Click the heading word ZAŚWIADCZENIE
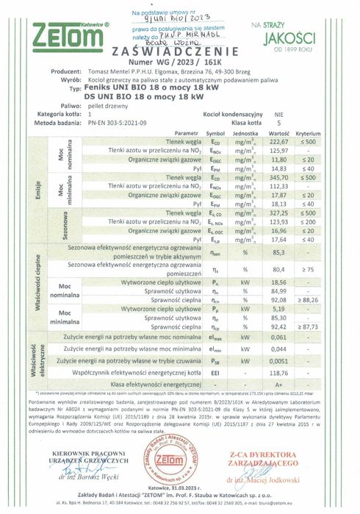click(179, 51)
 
